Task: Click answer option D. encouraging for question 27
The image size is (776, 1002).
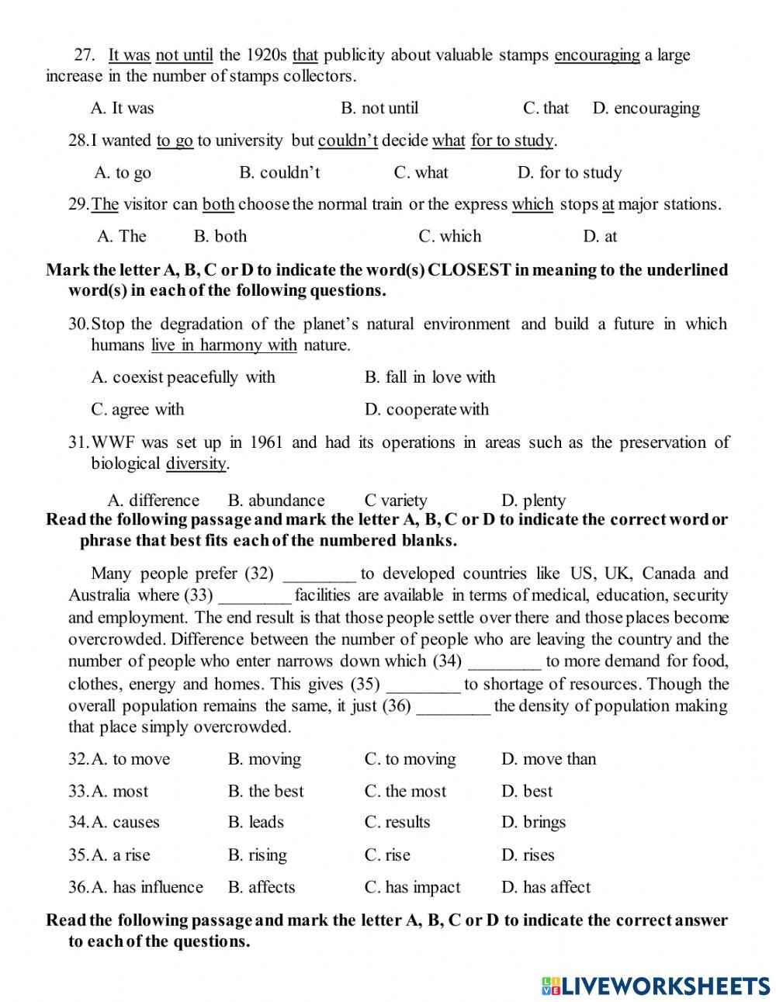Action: (646, 109)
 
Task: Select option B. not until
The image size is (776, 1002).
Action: (379, 109)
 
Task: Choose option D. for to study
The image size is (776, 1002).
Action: (569, 172)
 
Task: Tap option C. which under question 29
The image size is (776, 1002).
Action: (449, 236)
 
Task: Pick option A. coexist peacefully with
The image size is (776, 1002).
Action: (183, 377)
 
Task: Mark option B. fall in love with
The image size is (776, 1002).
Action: (429, 377)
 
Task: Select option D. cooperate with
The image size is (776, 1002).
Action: (427, 410)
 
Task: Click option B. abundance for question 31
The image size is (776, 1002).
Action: (276, 501)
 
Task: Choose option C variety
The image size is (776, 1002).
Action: (396, 501)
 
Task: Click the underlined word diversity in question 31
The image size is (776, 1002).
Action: (196, 464)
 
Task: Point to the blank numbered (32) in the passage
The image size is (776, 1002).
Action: (320, 575)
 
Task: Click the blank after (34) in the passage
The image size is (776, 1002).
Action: (505, 662)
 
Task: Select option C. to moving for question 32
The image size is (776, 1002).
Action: (411, 759)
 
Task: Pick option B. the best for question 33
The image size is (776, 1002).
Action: (265, 792)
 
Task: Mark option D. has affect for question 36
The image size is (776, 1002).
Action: (546, 887)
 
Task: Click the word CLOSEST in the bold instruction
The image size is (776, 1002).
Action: (469, 270)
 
